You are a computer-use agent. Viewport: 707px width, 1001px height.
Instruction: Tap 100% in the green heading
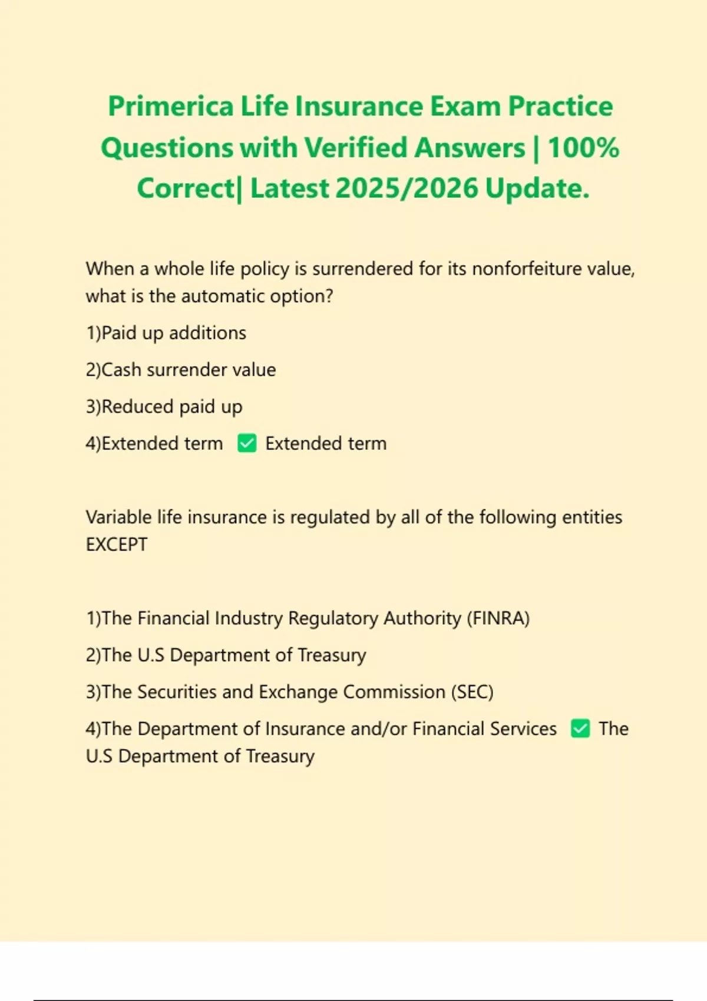pyautogui.click(x=583, y=147)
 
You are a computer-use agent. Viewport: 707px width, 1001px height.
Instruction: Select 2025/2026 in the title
pyautogui.click(x=407, y=188)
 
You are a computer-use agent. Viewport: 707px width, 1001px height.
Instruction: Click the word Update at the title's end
pyautogui.click(x=537, y=188)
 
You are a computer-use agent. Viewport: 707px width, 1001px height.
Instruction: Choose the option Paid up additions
pyautogui.click(x=166, y=333)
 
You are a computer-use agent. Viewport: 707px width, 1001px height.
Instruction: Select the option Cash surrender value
pyautogui.click(x=181, y=370)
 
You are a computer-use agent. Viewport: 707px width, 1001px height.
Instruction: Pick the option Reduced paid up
pyautogui.click(x=164, y=407)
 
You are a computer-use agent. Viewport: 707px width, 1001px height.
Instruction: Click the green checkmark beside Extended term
pyautogui.click(x=247, y=443)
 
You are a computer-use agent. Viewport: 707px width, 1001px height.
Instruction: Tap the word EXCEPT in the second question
pyautogui.click(x=117, y=545)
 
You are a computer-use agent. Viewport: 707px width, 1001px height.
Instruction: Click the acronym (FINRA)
pyautogui.click(x=498, y=618)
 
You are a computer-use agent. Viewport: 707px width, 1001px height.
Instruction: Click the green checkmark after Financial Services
pyautogui.click(x=580, y=729)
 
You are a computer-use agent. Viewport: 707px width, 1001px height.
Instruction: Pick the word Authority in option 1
pyautogui.click(x=422, y=618)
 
